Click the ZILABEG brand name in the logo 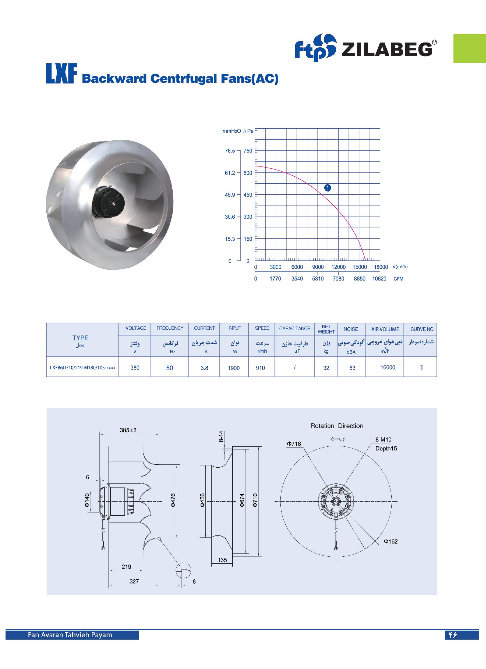click(387, 49)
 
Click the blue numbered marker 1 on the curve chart click(327, 188)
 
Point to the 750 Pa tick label click(248, 151)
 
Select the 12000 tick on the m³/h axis click(338, 267)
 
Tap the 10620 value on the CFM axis click(379, 279)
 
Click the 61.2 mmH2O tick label click(230, 173)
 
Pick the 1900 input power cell click(234, 368)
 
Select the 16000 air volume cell click(388, 367)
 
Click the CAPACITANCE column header click(294, 328)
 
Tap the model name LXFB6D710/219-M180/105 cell click(82, 368)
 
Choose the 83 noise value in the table click(352, 368)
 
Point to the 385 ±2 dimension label click(128, 430)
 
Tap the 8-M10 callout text click(383, 439)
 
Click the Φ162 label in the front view click(390, 542)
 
